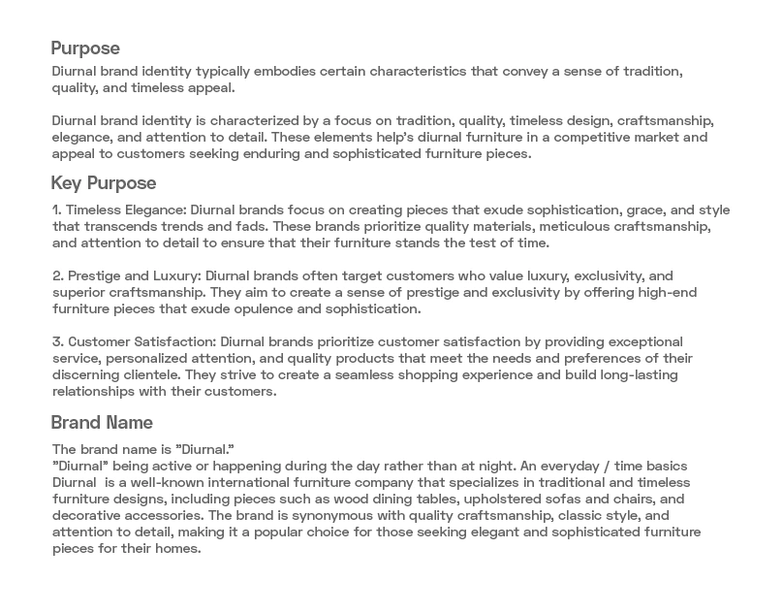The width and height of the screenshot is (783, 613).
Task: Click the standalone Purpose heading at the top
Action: (85, 48)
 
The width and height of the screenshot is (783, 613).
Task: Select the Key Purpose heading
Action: (103, 182)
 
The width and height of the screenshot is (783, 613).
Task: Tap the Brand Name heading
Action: (101, 423)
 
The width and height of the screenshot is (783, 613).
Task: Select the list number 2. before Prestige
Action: (56, 276)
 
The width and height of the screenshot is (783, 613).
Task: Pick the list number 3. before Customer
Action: (56, 342)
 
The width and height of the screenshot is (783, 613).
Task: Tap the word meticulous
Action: (556, 226)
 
